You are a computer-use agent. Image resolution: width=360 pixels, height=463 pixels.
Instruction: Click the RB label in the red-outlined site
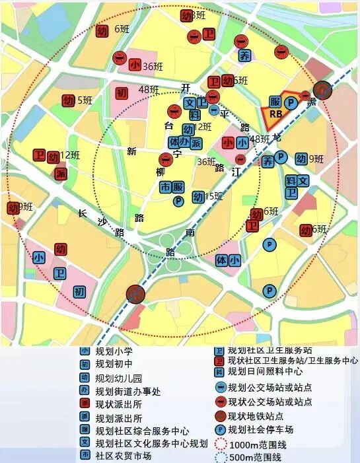(276, 114)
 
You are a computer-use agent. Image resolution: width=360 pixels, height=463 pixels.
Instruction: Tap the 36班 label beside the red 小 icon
(153, 65)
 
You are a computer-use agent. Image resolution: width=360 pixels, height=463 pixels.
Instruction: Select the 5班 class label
(84, 100)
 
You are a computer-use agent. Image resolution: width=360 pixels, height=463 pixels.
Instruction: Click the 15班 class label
(214, 196)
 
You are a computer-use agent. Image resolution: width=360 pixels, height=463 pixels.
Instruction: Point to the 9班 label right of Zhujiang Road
(316, 159)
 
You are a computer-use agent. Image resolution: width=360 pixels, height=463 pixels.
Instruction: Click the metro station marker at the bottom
(135, 294)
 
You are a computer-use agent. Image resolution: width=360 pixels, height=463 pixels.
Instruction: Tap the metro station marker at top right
(323, 89)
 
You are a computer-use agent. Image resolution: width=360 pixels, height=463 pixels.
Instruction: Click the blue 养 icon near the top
(244, 55)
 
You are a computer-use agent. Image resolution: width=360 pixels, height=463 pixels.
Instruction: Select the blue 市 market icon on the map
(165, 187)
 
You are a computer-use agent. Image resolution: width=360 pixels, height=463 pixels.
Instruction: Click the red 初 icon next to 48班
(122, 93)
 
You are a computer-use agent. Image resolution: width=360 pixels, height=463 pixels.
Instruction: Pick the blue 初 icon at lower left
(80, 291)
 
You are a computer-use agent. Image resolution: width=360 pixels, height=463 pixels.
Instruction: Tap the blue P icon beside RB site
(289, 102)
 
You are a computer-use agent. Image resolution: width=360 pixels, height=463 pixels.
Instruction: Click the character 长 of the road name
(83, 213)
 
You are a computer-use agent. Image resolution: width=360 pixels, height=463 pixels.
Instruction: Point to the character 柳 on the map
(161, 172)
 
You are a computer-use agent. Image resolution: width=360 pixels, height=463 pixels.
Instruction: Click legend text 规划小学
(114, 351)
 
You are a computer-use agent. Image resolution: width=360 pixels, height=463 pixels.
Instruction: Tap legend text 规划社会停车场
(261, 429)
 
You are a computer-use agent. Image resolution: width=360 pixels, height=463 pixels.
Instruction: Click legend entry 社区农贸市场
(123, 456)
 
